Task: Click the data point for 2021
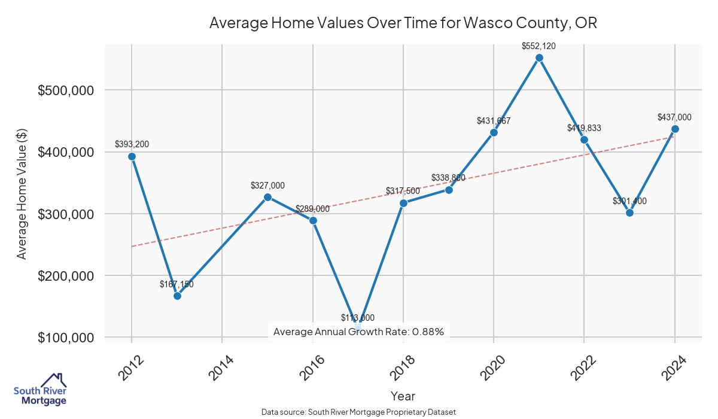click(x=539, y=58)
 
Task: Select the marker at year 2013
click(x=177, y=296)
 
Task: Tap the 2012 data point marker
click(x=132, y=156)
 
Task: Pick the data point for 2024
click(x=675, y=129)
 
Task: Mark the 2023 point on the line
click(x=629, y=212)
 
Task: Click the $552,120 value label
click(x=539, y=45)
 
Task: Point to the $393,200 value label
click(x=132, y=144)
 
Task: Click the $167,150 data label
click(x=177, y=284)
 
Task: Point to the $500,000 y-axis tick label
click(x=66, y=90)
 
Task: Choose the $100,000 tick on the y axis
click(x=66, y=338)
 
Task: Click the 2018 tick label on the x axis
click(x=398, y=368)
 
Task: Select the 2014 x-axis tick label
click(x=217, y=368)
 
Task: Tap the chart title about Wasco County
click(x=403, y=23)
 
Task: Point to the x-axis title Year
click(x=403, y=396)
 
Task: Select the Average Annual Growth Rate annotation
click(x=358, y=332)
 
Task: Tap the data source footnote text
click(x=359, y=412)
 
